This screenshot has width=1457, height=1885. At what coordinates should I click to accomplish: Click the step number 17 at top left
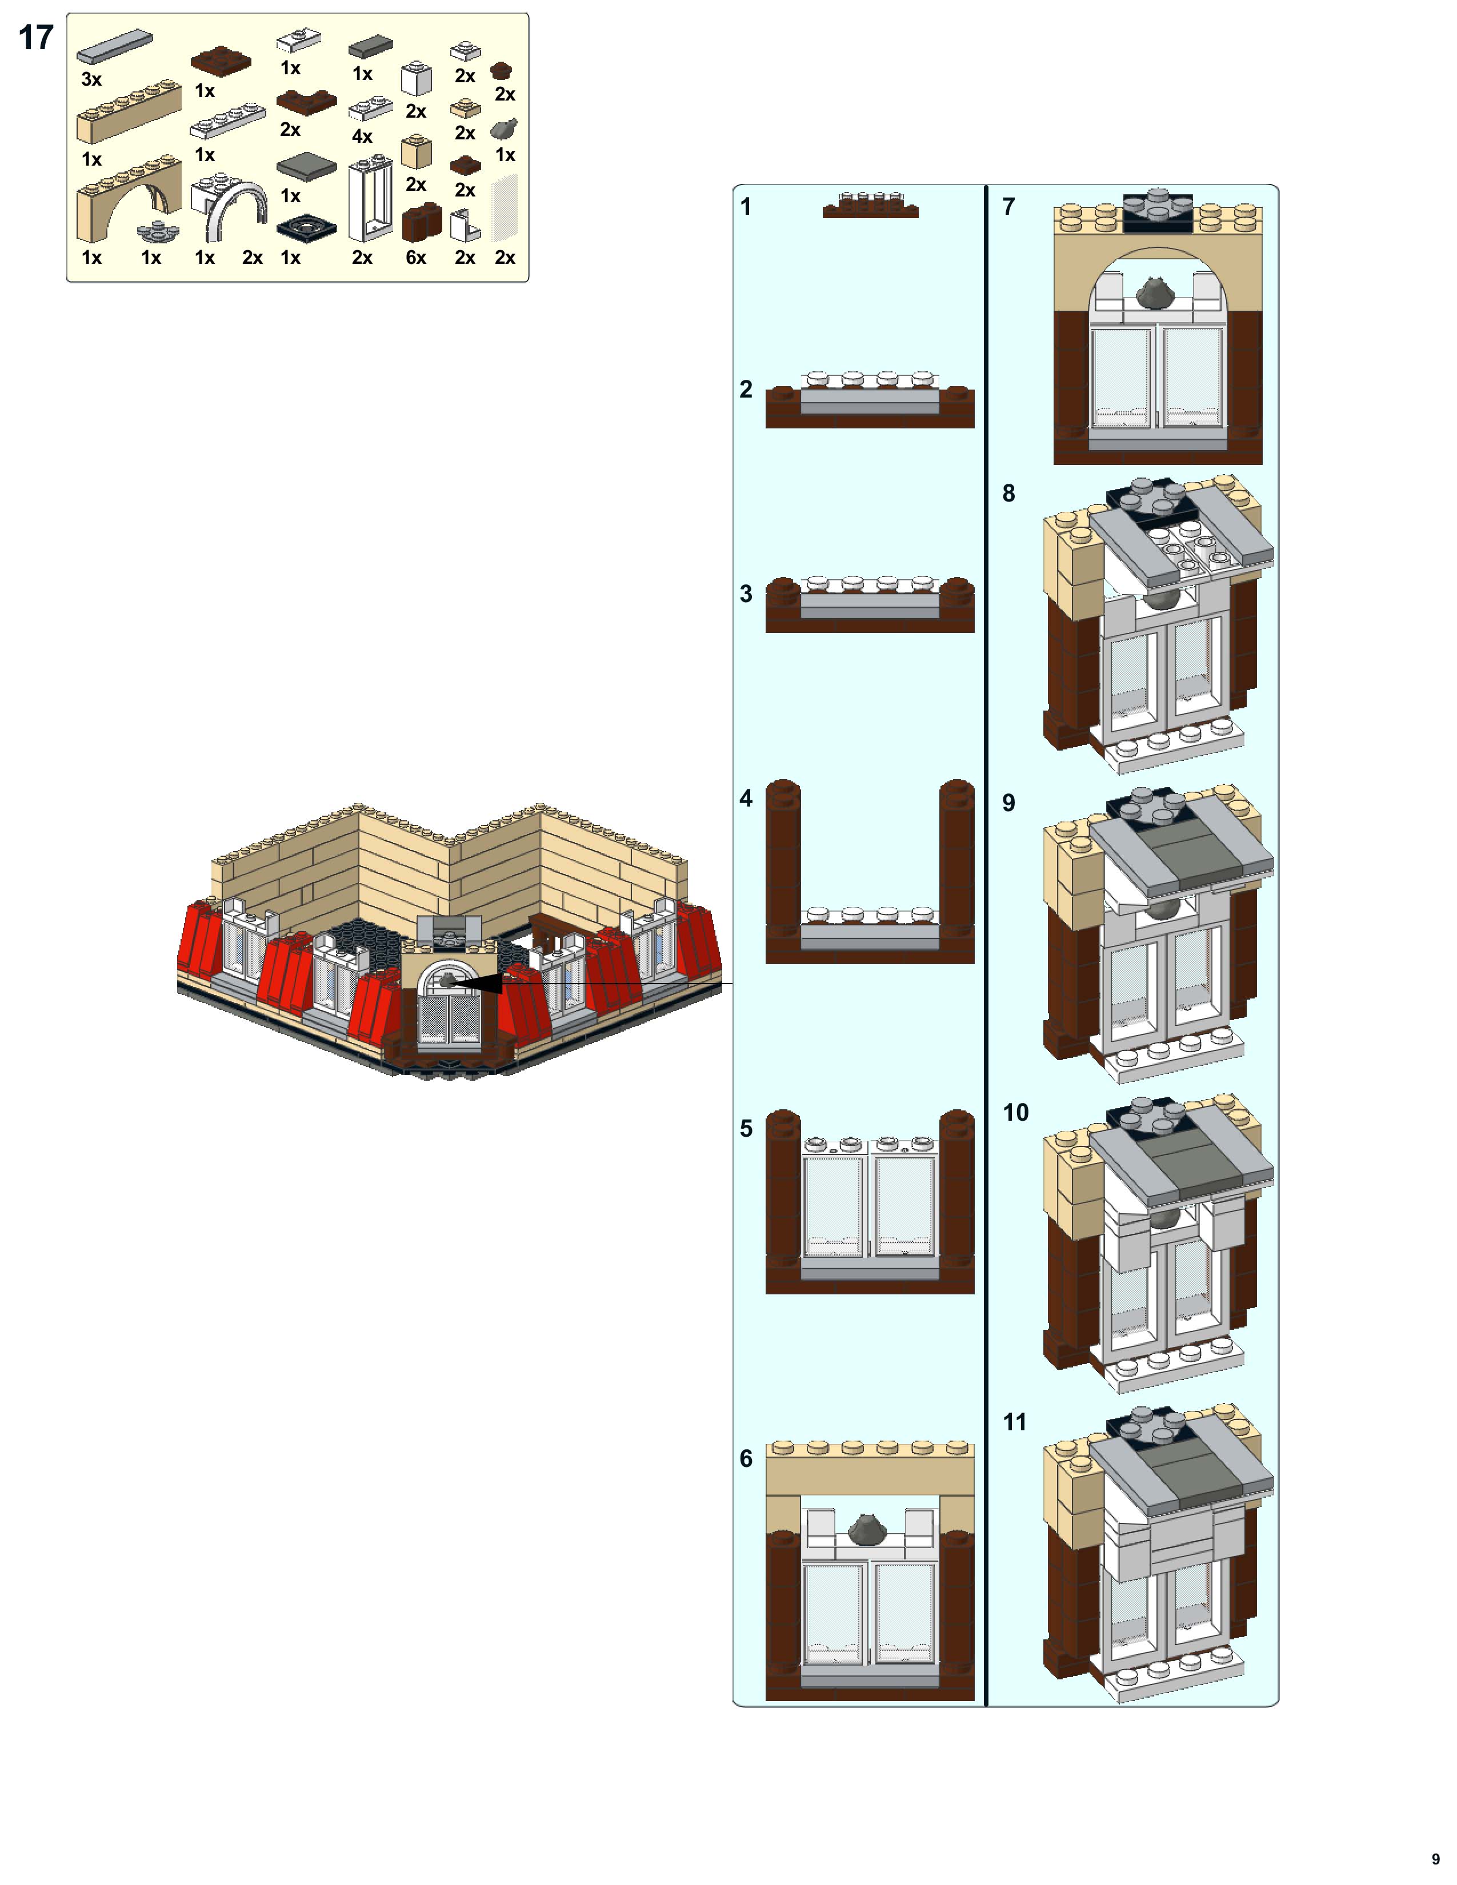(36, 38)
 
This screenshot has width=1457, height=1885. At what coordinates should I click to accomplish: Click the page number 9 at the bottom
(1435, 1858)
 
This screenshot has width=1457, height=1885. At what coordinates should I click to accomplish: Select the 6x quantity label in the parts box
(416, 257)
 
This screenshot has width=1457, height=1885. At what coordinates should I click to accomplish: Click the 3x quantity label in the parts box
(91, 79)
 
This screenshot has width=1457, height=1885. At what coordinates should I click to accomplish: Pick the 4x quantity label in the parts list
(362, 137)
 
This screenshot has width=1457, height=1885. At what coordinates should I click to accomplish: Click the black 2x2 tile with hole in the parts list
(306, 228)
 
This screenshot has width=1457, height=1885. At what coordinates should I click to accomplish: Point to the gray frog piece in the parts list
(504, 130)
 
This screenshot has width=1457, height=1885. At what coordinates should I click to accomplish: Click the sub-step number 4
(746, 799)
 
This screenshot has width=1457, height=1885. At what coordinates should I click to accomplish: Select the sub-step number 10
(1015, 1113)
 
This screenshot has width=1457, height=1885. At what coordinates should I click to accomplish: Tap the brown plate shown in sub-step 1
(870, 211)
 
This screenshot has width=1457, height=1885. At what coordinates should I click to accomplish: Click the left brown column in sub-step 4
(783, 859)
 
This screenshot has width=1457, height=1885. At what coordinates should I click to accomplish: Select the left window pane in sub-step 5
(833, 1206)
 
